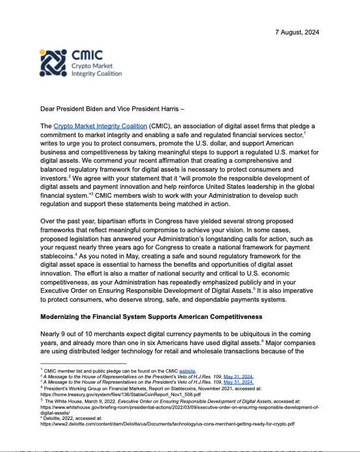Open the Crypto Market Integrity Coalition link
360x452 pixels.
(100, 126)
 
